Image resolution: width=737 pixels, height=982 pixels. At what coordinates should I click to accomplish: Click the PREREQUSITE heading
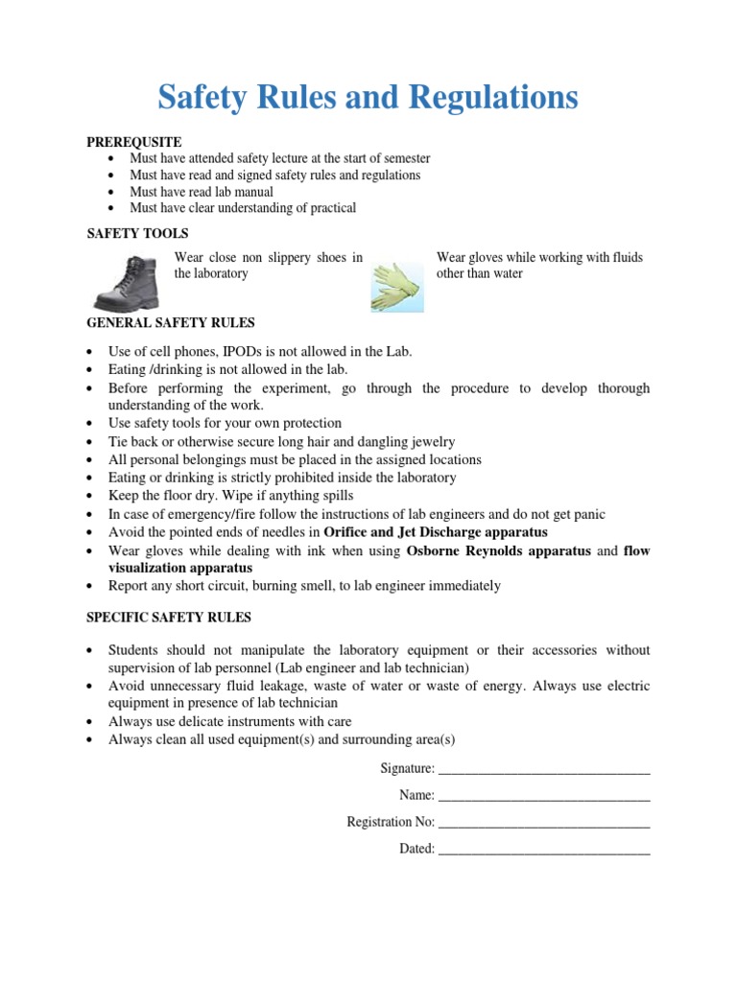[x=134, y=142]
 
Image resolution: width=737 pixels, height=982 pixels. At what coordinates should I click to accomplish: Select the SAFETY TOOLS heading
[x=137, y=233]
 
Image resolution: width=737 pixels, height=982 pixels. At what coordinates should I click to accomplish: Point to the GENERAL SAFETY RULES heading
[x=171, y=323]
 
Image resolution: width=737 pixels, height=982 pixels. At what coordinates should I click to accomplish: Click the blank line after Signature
[x=543, y=769]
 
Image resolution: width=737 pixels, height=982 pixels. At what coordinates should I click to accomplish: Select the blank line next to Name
[x=543, y=796]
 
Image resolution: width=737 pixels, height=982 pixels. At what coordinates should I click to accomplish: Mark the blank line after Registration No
[x=543, y=823]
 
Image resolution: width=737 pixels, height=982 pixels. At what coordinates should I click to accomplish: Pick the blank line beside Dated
[x=543, y=850]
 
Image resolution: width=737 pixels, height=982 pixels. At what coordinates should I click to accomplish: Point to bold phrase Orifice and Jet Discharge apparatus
[x=436, y=532]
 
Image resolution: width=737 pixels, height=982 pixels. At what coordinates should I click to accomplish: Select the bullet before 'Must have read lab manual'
[x=112, y=192]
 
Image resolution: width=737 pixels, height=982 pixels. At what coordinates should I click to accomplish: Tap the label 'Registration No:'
[x=390, y=823]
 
